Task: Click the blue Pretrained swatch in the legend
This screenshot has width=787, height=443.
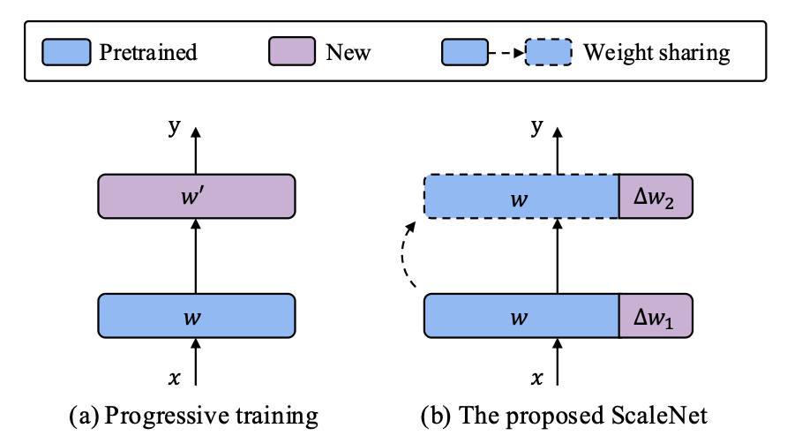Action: [66, 52]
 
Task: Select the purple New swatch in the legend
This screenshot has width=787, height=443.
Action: [292, 52]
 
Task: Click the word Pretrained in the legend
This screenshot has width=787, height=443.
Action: [148, 52]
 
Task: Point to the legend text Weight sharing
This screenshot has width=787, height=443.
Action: [656, 52]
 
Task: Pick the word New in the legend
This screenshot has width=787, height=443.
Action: [349, 52]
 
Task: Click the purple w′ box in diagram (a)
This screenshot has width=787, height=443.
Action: [196, 197]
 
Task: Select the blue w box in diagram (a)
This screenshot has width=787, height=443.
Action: [196, 315]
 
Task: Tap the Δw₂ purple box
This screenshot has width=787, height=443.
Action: [656, 197]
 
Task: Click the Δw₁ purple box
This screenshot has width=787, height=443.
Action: [656, 316]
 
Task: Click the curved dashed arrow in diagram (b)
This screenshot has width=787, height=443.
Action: [408, 256]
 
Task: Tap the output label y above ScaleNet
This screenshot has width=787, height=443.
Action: [536, 128]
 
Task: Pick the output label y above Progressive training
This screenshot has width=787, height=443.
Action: [174, 128]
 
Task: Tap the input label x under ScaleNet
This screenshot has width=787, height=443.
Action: [536, 378]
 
